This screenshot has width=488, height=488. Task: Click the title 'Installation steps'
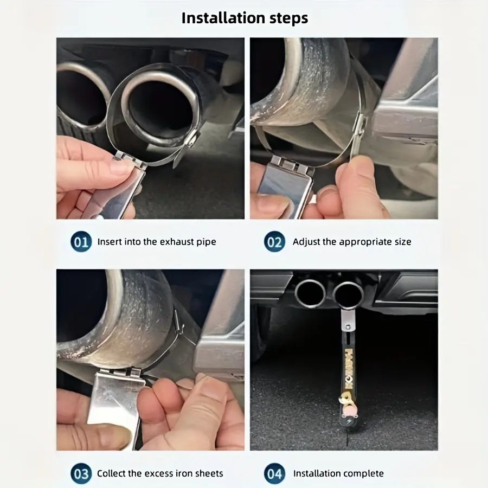[x=245, y=18]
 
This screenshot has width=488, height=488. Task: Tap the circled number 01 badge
[x=81, y=241]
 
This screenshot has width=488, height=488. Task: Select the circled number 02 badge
[x=274, y=241]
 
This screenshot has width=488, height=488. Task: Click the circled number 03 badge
[x=81, y=473]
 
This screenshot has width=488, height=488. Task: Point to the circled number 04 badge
[x=274, y=473]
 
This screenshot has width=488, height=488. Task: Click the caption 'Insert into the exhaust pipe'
[x=157, y=242]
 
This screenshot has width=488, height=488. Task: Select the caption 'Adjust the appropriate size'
[x=352, y=242]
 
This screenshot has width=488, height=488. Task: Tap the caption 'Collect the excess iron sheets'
[x=160, y=473]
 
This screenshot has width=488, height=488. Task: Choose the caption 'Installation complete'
[x=338, y=473]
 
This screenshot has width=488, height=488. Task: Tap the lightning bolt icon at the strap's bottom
[x=348, y=422]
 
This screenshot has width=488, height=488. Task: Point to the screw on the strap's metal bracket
[x=348, y=327]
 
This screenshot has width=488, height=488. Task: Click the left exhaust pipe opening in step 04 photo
[x=310, y=293]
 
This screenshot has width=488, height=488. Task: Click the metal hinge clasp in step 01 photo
[x=131, y=159]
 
